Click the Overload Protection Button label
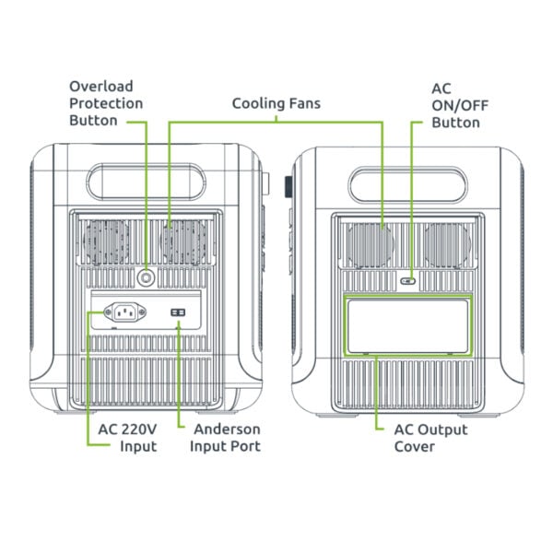[106, 102]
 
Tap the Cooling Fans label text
[276, 103]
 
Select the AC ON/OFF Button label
[455, 105]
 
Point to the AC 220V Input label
[127, 438]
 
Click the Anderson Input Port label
[225, 438]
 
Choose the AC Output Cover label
[430, 438]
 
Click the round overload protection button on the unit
[146, 276]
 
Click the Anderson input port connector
[178, 313]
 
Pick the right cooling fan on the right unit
[447, 244]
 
